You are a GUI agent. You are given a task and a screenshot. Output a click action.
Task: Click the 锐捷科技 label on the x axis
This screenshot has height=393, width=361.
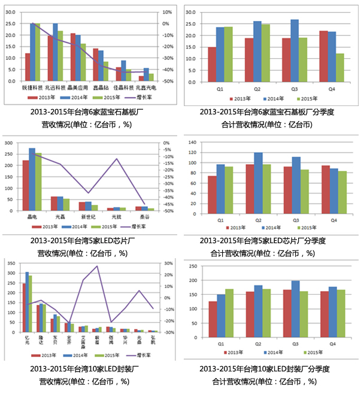click(31, 87)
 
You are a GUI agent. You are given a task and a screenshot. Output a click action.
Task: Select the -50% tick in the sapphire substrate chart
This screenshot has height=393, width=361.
click(169, 81)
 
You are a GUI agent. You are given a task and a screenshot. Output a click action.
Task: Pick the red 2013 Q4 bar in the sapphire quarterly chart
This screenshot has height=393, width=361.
click(324, 56)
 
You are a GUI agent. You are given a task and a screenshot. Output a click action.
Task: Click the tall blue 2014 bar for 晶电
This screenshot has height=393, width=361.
click(32, 179)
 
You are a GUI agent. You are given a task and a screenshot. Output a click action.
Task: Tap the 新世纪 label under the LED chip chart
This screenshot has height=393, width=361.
click(86, 216)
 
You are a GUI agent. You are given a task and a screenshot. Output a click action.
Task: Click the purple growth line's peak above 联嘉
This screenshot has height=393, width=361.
click(97, 266)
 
